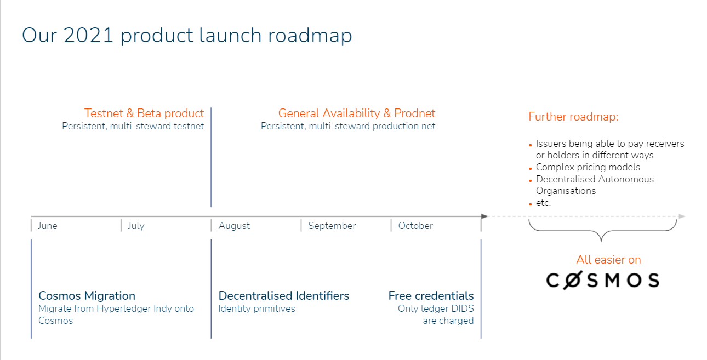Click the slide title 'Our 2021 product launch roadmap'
pos(187,36)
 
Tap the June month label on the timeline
pos(48,226)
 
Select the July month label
pos(136,226)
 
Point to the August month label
pos(234,226)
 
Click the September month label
pos(332,226)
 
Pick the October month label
pos(415,226)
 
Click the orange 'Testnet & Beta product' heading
pos(144,113)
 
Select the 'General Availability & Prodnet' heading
pos(356,113)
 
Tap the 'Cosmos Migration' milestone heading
pos(87,296)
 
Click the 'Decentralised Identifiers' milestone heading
pos(283,296)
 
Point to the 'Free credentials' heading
pos(431,296)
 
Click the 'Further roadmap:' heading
pos(573,117)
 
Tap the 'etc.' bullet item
pos(543,203)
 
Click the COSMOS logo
pos(602,280)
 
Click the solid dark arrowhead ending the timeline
pos(484,216)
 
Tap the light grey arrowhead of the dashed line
pos(681,216)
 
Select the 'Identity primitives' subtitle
pos(256,308)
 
